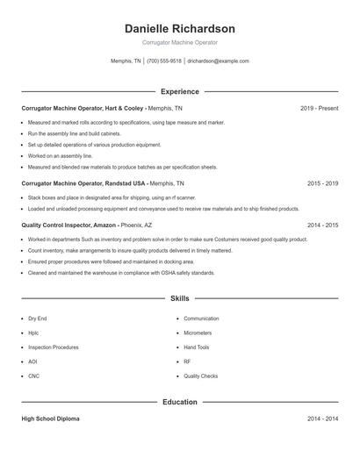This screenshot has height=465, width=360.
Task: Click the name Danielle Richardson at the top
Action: [180, 29]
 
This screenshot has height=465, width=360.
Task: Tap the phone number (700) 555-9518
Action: [164, 61]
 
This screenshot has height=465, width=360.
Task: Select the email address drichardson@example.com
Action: [219, 61]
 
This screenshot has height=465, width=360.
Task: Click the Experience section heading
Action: [180, 91]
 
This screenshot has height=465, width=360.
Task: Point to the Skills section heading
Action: [180, 299]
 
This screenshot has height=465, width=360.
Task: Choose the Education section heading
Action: [180, 403]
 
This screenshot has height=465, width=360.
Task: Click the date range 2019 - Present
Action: [319, 108]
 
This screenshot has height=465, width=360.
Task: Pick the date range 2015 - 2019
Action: [322, 183]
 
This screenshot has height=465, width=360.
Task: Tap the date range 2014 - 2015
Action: [322, 225]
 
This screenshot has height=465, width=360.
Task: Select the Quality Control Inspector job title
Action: [55, 225]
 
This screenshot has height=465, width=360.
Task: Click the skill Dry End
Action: [38, 318]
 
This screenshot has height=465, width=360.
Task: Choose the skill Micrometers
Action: [198, 333]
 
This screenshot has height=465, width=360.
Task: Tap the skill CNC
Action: [33, 376]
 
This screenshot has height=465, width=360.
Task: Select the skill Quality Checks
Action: [200, 376]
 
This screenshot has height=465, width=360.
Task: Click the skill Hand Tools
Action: [197, 347]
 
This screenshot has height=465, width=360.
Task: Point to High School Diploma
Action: [50, 419]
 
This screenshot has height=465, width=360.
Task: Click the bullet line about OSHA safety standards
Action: [121, 273]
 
